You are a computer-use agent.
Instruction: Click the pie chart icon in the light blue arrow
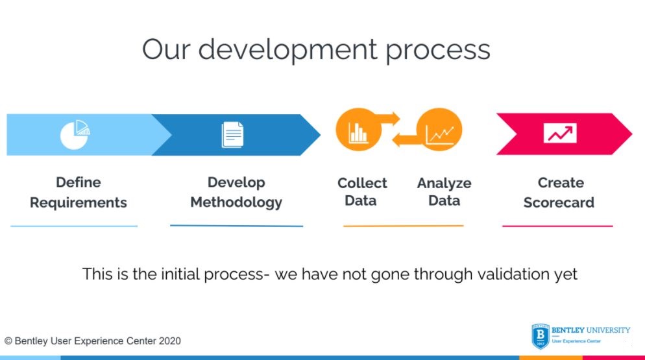[x=75, y=134]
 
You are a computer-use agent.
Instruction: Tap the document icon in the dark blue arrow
[x=232, y=134]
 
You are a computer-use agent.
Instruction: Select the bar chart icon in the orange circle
[x=358, y=132]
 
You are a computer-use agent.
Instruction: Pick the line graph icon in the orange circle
[x=440, y=135]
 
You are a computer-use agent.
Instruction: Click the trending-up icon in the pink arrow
[x=560, y=133]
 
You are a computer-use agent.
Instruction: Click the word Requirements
[x=78, y=202]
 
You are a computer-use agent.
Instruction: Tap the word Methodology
[x=236, y=202]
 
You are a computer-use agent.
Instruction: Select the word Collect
[x=362, y=183]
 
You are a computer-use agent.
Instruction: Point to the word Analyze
[x=444, y=183]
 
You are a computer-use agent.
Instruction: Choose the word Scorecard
[x=559, y=202]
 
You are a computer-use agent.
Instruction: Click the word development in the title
[x=287, y=50]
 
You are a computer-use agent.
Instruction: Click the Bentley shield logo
[x=541, y=336]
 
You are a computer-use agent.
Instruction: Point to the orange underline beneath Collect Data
[x=403, y=226]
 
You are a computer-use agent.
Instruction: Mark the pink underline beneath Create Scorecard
[x=557, y=226]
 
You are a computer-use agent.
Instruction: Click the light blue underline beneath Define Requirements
[x=74, y=226]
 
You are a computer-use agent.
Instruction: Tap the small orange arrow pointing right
[x=387, y=119]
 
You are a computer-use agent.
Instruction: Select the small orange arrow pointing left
[x=406, y=140]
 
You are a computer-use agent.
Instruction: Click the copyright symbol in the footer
[x=8, y=341]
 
